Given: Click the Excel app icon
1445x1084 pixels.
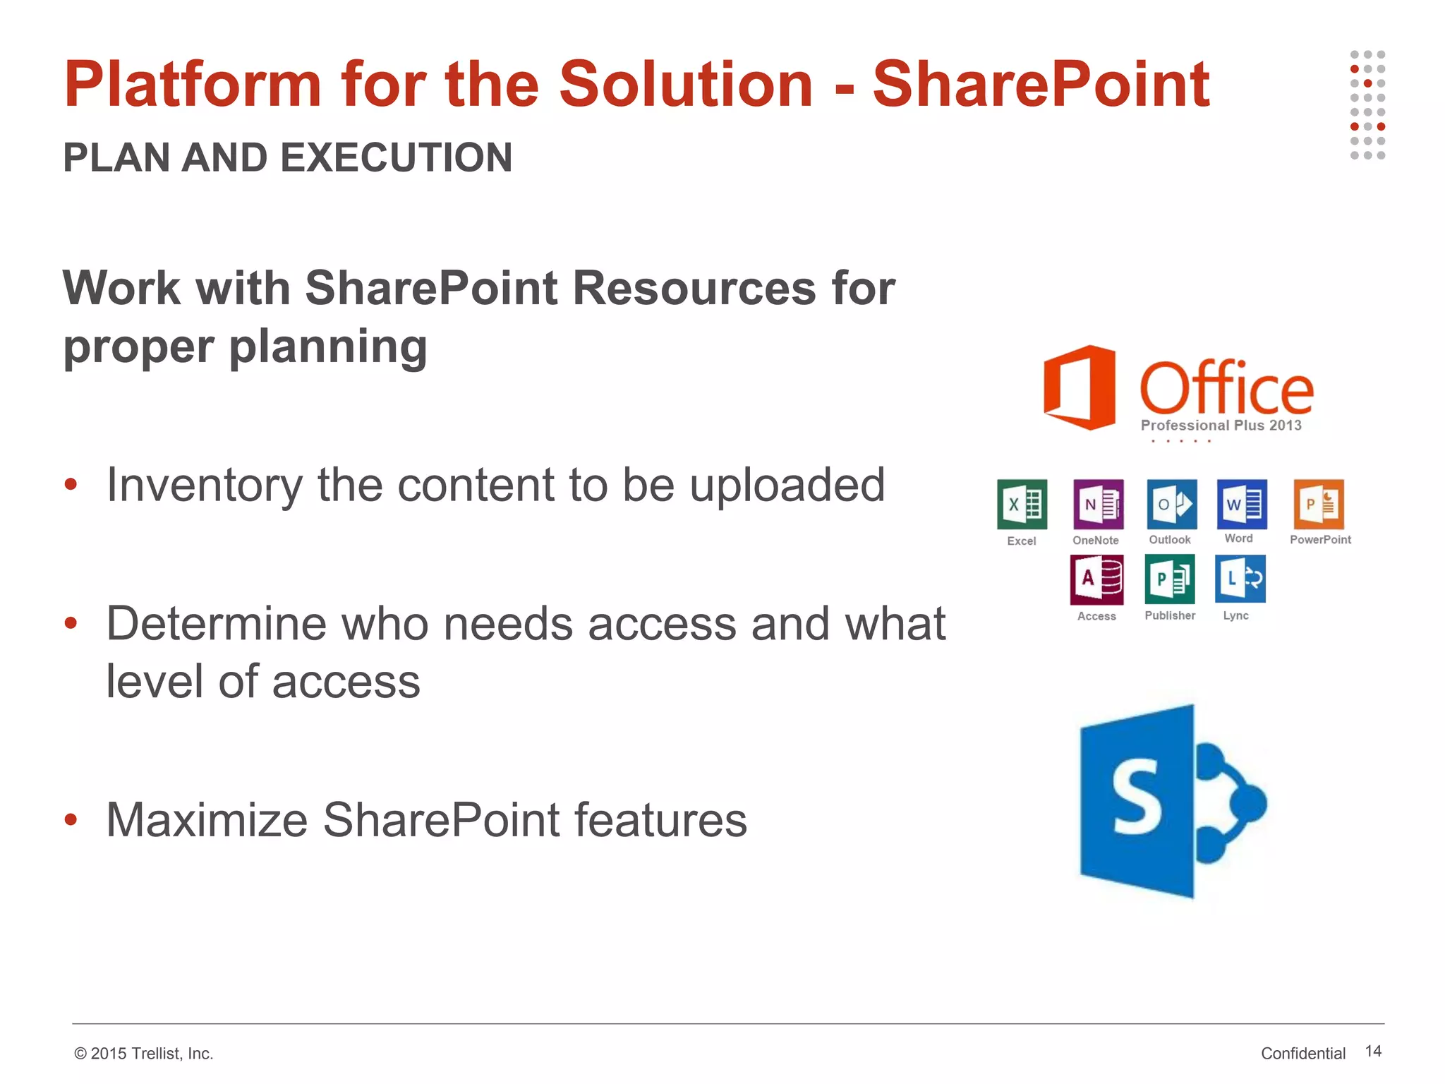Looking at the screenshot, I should click(x=1022, y=504).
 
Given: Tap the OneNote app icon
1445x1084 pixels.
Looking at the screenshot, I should click(x=1098, y=504).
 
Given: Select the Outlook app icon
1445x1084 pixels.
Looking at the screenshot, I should click(x=1171, y=504).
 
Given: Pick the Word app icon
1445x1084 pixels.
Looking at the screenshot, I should click(x=1242, y=504).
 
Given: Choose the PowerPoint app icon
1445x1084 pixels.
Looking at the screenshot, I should click(x=1318, y=504).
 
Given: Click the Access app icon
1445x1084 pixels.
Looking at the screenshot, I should click(x=1096, y=579).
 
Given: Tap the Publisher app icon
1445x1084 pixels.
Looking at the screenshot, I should click(x=1170, y=579).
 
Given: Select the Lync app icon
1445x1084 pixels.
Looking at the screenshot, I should click(x=1240, y=579).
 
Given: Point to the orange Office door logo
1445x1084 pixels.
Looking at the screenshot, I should click(x=1080, y=387).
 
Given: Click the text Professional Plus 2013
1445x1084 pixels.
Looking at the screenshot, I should click(x=1221, y=426).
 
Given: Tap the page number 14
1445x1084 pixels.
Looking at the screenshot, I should click(x=1372, y=1051).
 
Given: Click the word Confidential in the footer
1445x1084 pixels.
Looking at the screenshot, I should click(x=1302, y=1053).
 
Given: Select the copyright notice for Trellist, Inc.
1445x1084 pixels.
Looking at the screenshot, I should click(x=143, y=1053).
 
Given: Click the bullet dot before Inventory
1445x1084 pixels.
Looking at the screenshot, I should click(x=71, y=484).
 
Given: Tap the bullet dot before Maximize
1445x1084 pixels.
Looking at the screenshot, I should click(x=71, y=819).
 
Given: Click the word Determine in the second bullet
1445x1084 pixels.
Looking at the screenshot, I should click(x=227, y=624).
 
